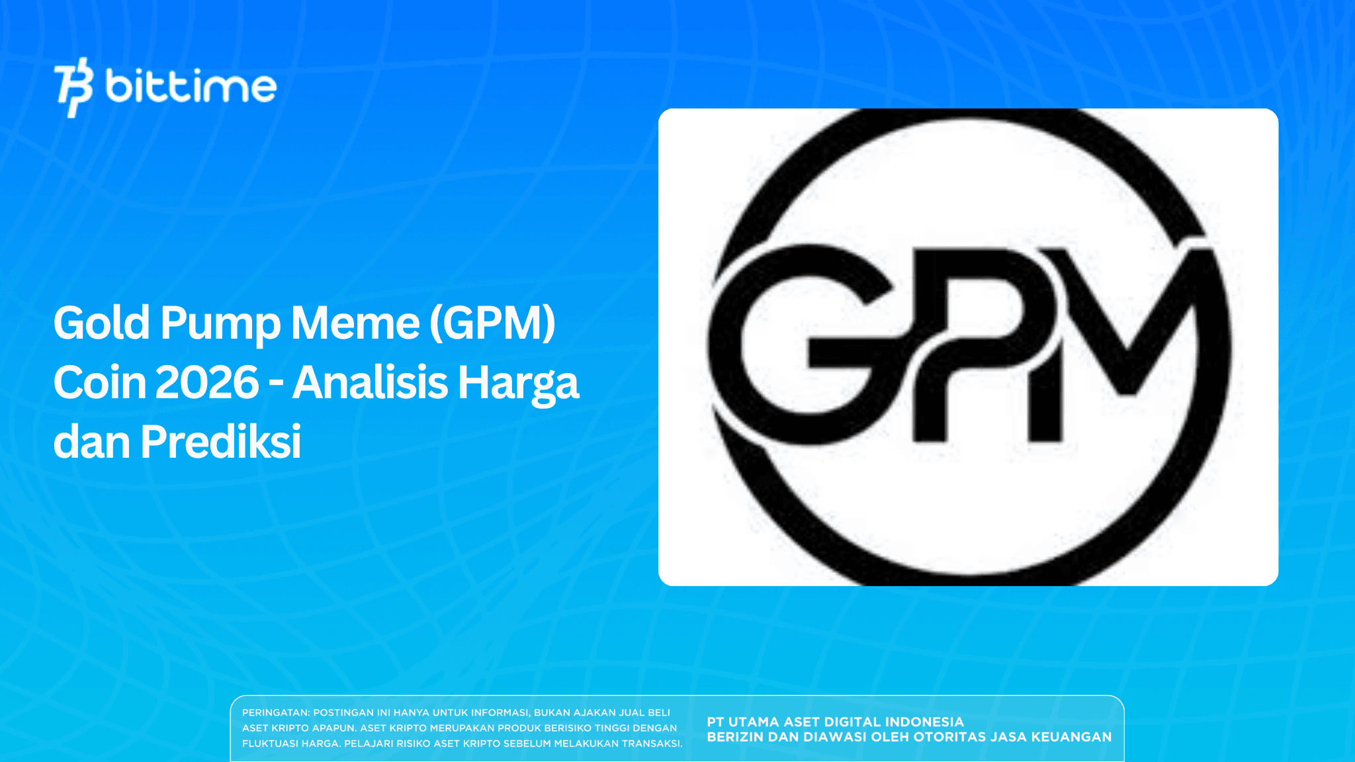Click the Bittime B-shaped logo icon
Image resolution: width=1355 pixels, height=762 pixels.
coord(73,87)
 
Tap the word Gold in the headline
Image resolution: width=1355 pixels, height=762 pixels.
coord(101,323)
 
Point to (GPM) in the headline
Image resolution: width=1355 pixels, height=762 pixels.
coord(492,323)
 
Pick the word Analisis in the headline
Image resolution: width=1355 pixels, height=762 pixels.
coord(370,383)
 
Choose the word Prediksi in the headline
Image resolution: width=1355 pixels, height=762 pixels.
coord(220,442)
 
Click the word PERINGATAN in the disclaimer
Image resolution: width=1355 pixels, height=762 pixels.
coord(275,713)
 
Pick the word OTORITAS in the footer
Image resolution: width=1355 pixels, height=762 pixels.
coord(950,737)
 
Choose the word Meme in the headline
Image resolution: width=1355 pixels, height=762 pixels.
coord(355,323)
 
